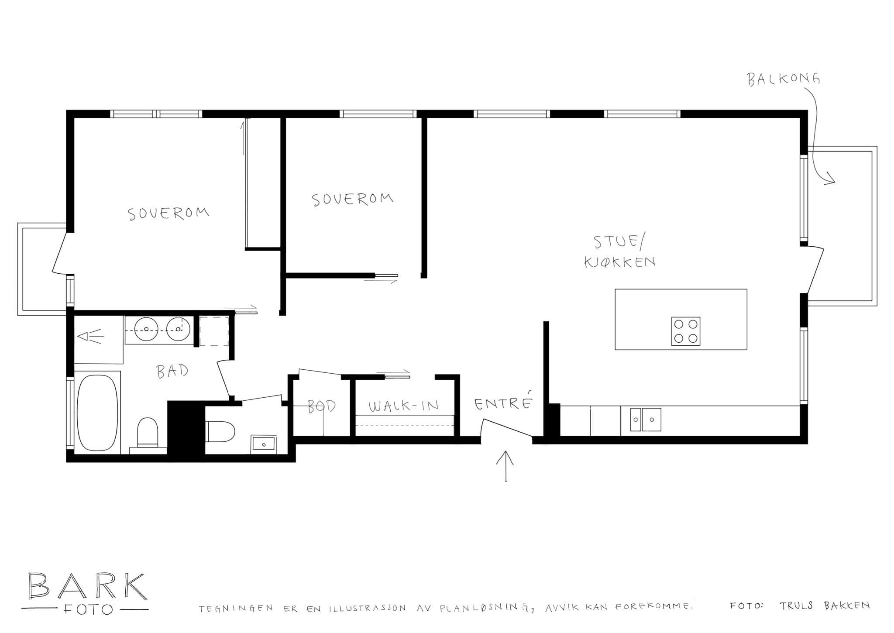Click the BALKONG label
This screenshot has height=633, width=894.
click(x=784, y=79)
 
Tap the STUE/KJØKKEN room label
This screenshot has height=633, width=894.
click(x=620, y=252)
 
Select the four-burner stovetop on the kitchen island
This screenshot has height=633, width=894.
click(x=685, y=331)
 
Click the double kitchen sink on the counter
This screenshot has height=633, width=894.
click(x=645, y=420)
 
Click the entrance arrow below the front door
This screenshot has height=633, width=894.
click(x=505, y=466)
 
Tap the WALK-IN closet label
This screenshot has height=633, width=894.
click(x=403, y=406)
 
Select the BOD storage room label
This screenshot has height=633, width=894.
click(x=322, y=406)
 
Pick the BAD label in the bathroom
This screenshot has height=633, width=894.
click(x=172, y=372)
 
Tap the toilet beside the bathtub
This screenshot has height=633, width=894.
click(x=148, y=432)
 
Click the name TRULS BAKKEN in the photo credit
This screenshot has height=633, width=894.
click(x=825, y=605)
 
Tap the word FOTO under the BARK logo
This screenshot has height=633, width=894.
click(x=88, y=609)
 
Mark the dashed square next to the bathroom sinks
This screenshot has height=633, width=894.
click(x=214, y=331)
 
